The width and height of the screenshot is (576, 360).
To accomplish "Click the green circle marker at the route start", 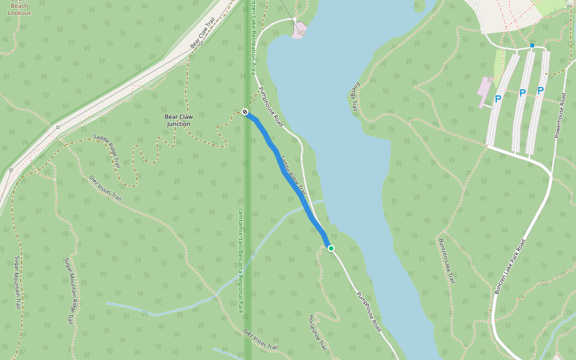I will (x=331, y=248).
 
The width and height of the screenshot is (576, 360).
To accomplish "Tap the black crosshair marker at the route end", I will (x=245, y=112).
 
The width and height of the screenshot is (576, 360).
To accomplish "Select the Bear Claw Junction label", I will (x=178, y=120).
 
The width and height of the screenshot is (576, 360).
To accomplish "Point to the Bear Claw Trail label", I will (x=202, y=37).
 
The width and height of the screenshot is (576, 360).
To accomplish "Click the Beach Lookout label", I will (x=20, y=9).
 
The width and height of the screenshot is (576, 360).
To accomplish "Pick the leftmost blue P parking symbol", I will (x=497, y=99).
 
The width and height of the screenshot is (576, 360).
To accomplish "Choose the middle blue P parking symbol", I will (x=522, y=93).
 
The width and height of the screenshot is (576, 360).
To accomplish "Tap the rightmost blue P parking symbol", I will (x=540, y=91).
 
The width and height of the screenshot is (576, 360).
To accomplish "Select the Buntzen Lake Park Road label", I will (x=510, y=266).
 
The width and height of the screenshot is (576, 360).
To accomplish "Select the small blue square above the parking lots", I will (x=532, y=46).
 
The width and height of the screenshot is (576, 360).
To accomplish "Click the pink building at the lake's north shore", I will (x=299, y=30).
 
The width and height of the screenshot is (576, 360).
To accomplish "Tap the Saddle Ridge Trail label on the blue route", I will (x=294, y=175).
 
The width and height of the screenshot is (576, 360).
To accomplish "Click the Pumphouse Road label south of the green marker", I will (x=368, y=312).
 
